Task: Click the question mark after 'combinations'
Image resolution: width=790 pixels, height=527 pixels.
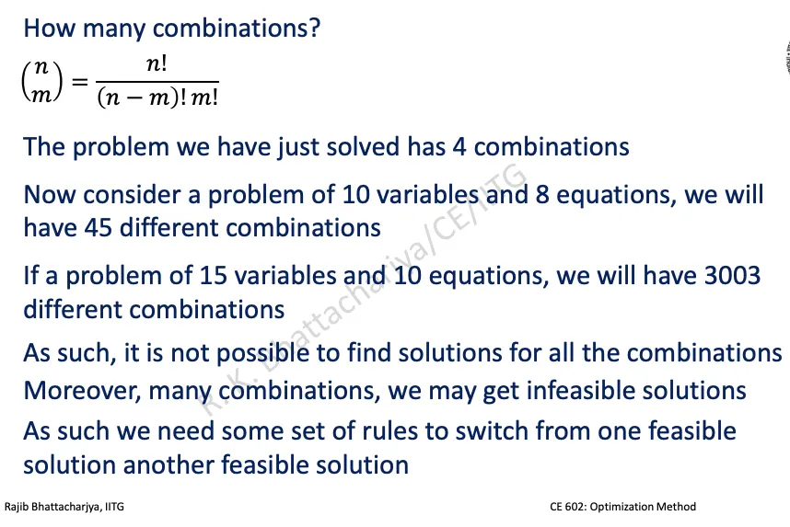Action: (314, 28)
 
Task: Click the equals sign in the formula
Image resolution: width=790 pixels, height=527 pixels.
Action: (79, 81)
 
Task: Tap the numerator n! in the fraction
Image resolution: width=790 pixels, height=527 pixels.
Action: (157, 64)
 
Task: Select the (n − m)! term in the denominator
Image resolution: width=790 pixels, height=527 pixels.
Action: (142, 97)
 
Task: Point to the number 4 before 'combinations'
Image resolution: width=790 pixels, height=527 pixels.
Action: (459, 147)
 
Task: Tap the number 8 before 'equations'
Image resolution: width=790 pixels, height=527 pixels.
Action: (542, 195)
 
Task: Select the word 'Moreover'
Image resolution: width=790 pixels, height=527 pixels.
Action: (82, 391)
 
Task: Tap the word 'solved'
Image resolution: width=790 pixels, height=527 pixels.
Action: (364, 147)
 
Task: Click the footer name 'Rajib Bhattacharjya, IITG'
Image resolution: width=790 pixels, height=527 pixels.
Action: (64, 507)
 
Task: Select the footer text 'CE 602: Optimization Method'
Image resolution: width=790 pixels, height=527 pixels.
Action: (622, 507)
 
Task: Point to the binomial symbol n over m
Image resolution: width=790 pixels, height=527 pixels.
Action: (42, 81)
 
